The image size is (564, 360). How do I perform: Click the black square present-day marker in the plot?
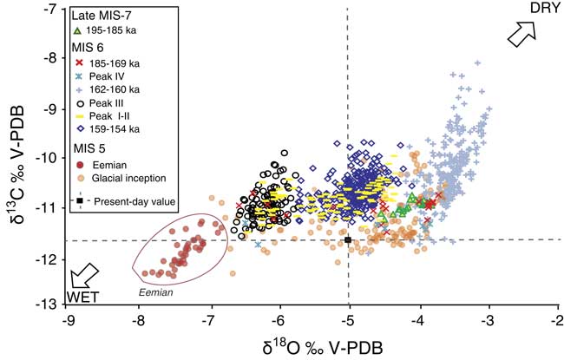348,240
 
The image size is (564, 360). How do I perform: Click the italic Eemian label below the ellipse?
156,293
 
